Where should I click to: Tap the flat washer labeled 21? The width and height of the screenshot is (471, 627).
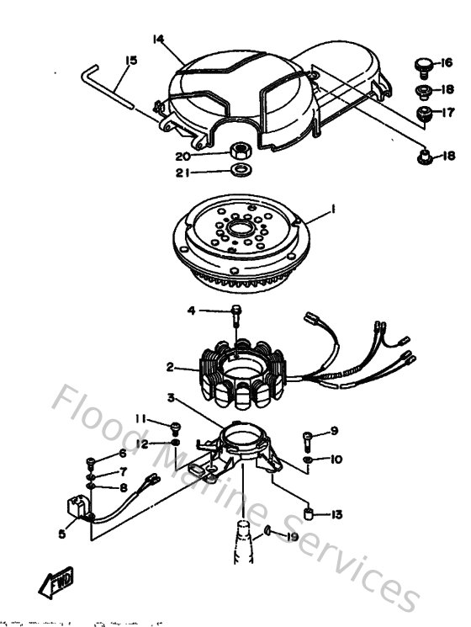tap(240, 172)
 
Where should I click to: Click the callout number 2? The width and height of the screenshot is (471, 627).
tap(171, 367)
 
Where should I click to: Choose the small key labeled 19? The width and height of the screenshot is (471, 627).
tap(267, 531)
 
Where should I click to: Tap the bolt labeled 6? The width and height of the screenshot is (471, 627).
tap(90, 461)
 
